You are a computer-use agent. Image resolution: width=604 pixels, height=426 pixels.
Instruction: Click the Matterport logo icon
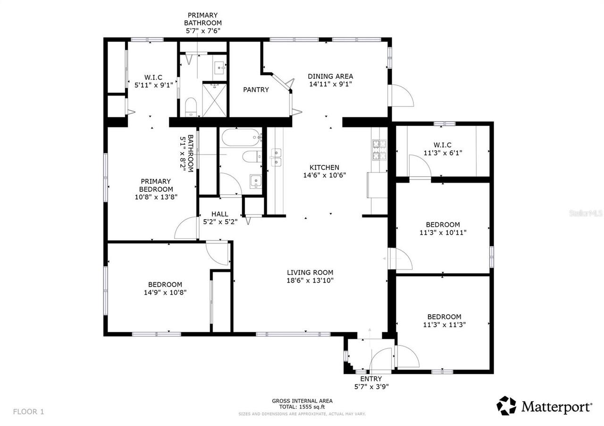(506, 406)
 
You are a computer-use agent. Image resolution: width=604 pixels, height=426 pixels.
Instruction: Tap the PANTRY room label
(256, 90)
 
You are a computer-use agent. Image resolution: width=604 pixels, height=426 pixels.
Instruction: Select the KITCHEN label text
(324, 167)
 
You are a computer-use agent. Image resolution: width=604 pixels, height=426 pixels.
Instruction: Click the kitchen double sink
(276, 157)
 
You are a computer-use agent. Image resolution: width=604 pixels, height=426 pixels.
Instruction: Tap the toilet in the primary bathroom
(191, 106)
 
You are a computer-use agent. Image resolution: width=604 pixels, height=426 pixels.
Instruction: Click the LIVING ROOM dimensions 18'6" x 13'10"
(310, 280)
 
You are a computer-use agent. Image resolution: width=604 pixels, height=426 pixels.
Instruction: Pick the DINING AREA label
(330, 76)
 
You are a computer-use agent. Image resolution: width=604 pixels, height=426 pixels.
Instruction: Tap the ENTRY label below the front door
(371, 379)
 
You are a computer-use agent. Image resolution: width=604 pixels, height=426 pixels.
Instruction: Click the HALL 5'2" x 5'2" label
(220, 218)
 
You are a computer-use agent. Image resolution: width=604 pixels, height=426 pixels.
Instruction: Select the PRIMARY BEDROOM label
(156, 185)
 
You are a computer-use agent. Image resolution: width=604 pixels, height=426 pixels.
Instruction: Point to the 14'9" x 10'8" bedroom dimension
(165, 292)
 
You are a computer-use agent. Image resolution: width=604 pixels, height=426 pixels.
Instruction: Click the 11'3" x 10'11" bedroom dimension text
(443, 232)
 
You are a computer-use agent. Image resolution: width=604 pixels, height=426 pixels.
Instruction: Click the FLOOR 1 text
(29, 411)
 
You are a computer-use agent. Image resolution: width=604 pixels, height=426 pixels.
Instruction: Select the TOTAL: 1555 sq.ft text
(302, 407)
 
